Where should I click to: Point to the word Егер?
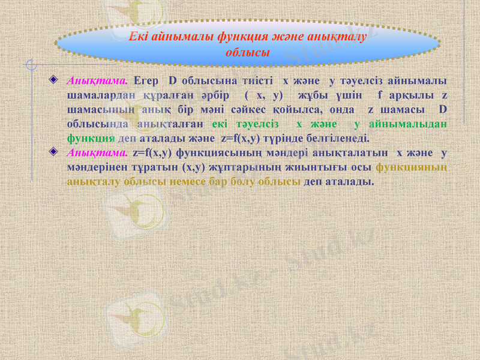(146, 80)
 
